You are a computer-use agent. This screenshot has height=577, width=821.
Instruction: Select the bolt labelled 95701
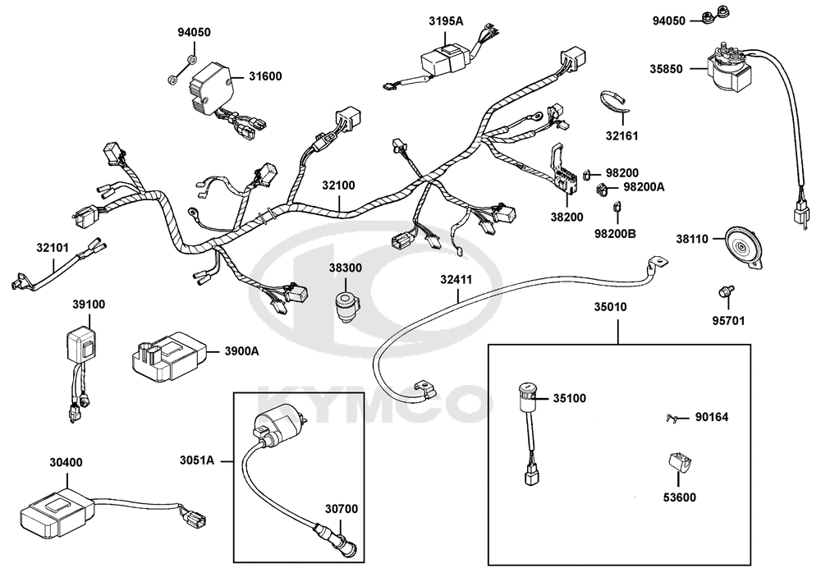tap(724, 291)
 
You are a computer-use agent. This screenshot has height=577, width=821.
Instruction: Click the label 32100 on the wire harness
tap(338, 185)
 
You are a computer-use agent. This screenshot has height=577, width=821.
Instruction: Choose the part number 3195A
tap(446, 21)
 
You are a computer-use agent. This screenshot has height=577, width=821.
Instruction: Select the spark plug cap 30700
tap(338, 543)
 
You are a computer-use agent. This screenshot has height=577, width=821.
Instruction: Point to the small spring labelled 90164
tap(672, 419)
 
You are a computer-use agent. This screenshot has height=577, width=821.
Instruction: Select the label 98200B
tap(616, 233)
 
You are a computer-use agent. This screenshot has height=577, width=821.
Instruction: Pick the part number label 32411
tap(455, 280)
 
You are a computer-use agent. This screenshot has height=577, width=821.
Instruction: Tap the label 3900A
tap(241, 351)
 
